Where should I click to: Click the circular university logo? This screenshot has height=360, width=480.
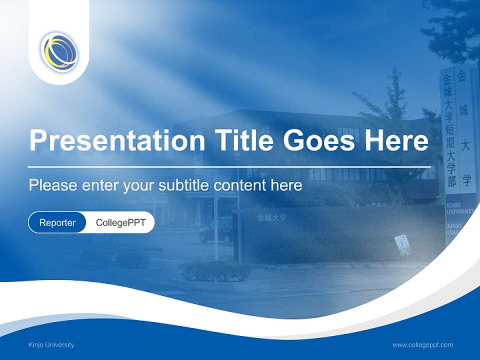coord(59,51)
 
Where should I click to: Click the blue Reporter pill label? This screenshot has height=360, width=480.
coord(57,223)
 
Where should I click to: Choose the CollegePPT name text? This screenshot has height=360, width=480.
coord(120,223)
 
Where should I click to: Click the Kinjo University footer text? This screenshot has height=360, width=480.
coord(51,345)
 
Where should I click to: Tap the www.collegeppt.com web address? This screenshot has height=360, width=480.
coord(422,345)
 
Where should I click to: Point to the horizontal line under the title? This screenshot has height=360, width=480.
coord(229,166)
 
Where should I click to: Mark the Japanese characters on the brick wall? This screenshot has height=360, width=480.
coord(272,218)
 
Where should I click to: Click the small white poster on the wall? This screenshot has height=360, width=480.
coord(402,244)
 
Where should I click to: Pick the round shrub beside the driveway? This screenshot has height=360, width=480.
coord(215,270)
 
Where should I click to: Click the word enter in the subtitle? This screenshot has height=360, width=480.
coord(99,185)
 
